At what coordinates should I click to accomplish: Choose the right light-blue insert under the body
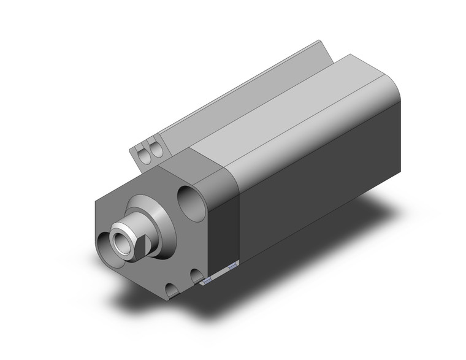tap(232, 267)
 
